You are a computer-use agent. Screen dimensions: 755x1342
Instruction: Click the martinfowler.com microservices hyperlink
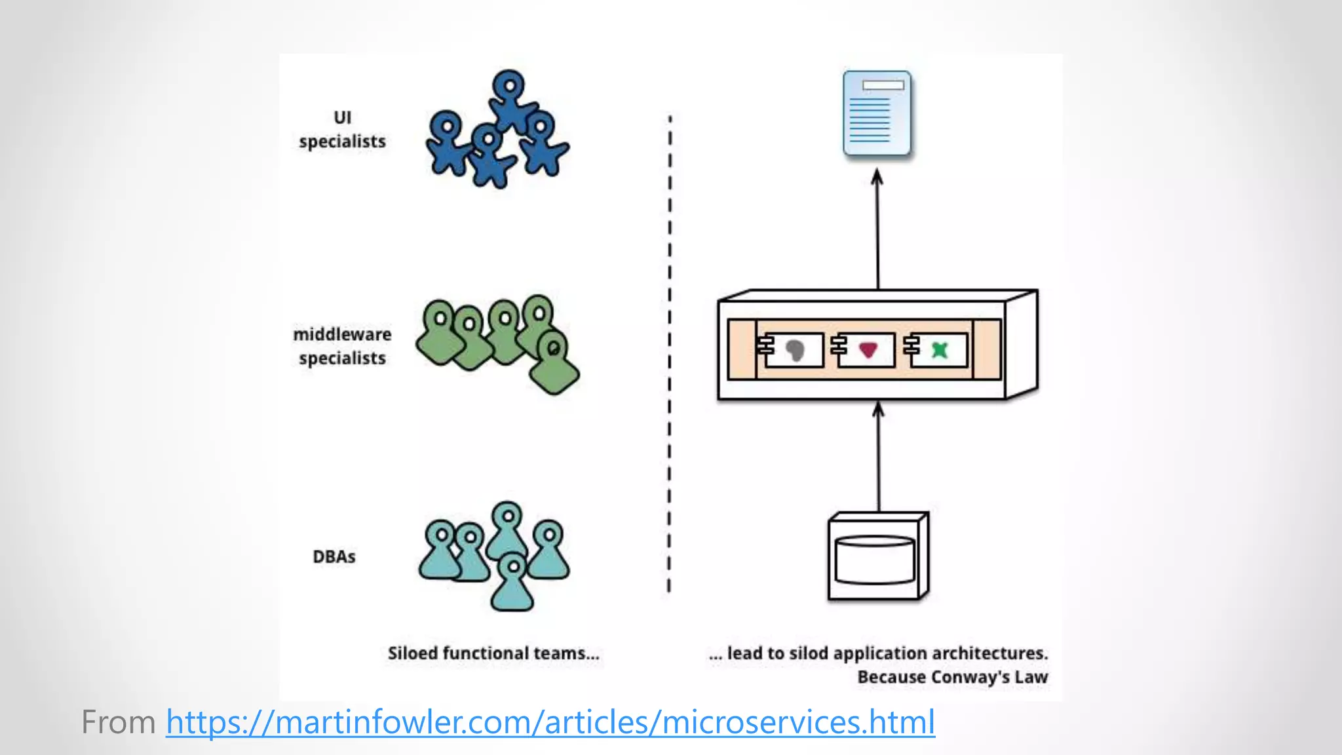point(550,722)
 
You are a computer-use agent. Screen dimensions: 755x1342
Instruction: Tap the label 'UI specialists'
point(342,130)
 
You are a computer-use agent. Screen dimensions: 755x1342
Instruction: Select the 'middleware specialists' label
point(342,346)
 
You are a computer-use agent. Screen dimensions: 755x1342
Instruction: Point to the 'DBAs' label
point(334,556)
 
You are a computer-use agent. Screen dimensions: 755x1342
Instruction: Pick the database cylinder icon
point(875,559)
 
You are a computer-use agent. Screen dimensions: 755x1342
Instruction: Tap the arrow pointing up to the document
point(877,229)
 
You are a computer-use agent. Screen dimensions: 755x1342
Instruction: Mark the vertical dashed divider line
point(669,354)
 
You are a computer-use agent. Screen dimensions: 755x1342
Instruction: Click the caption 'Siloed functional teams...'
point(493,653)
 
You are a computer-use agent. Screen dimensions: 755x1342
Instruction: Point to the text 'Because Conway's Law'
point(952,677)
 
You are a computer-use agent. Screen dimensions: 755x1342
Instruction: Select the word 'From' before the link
point(118,722)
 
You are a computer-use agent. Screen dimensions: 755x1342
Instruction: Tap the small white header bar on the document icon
point(883,85)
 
